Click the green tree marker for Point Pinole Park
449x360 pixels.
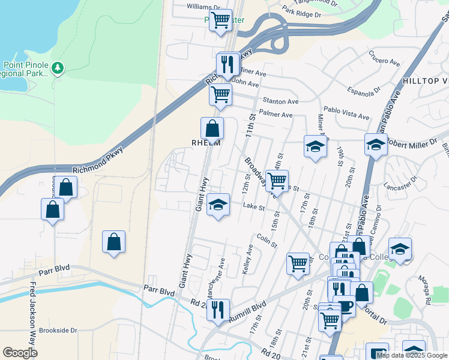pyautogui.click(x=58, y=68)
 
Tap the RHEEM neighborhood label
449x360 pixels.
pyautogui.click(x=206, y=143)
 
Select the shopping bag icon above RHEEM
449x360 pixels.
pyautogui.click(x=212, y=128)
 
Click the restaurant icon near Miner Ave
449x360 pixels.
pyautogui.click(x=228, y=64)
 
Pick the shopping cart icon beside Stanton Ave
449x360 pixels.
pyautogui.click(x=220, y=94)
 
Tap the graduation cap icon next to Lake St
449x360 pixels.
pyautogui.click(x=218, y=205)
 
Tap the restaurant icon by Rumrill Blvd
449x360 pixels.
pyautogui.click(x=218, y=310)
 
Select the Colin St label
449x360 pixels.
pyautogui.click(x=267, y=240)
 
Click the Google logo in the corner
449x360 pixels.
pyautogui.click(x=20, y=353)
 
